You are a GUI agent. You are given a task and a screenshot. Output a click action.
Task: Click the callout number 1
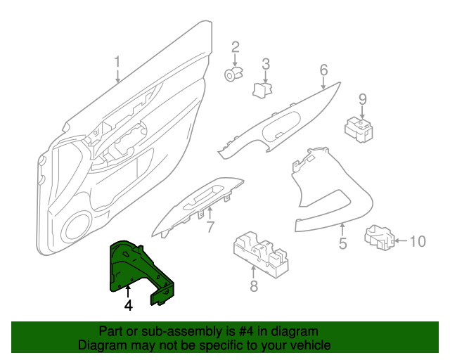118,61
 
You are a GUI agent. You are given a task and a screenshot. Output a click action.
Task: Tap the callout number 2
236,48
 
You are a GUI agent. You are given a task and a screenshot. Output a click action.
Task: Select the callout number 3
266,65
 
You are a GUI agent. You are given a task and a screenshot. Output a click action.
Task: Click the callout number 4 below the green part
128,305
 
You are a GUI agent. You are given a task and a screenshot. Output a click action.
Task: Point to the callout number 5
342,244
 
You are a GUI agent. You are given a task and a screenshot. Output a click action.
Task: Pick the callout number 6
323,70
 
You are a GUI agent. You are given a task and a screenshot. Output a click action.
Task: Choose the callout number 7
209,226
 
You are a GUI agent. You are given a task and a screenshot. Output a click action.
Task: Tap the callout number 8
254,285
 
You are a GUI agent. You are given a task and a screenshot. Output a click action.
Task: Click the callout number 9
363,99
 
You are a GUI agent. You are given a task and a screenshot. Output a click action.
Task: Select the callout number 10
417,242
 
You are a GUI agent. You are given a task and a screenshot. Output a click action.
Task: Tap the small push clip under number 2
233,73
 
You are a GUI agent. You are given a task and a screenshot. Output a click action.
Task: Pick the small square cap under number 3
263,89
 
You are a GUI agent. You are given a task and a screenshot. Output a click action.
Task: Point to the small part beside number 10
380,238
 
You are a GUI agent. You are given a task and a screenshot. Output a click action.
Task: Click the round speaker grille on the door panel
77,226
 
